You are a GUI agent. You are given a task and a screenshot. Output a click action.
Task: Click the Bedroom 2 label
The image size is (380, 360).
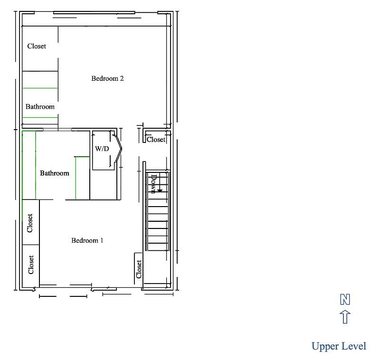[x=107, y=78]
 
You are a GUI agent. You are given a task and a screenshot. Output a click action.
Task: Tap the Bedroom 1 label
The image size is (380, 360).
[x=87, y=240]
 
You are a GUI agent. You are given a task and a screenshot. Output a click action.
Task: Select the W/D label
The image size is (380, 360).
[x=102, y=149]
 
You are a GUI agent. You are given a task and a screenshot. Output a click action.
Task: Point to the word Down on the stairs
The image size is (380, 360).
[x=153, y=184]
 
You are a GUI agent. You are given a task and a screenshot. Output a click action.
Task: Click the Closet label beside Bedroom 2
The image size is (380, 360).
[x=37, y=46]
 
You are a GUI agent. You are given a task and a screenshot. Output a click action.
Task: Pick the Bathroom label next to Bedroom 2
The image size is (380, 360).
[x=40, y=106]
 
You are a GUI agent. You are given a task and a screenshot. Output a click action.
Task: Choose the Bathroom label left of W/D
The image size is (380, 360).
[x=55, y=173]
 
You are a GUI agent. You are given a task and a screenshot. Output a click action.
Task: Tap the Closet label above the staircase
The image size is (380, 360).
[x=156, y=140]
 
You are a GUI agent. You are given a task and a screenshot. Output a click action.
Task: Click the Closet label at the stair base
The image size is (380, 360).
[x=139, y=269]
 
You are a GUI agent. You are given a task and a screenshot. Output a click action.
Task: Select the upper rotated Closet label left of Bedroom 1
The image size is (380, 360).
[x=30, y=223]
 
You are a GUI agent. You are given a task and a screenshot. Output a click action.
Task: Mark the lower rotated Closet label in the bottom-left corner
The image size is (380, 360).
[x=31, y=265]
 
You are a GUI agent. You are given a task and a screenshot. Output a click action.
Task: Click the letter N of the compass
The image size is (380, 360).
[x=345, y=299]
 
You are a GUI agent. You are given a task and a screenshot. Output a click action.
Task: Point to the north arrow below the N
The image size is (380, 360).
[x=345, y=317]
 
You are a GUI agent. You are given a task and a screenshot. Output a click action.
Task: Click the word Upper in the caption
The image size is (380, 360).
[x=325, y=347]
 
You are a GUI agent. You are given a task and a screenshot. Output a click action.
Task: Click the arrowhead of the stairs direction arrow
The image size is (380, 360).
[x=160, y=190]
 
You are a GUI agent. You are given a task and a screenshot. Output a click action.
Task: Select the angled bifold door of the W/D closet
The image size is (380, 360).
[x=118, y=149]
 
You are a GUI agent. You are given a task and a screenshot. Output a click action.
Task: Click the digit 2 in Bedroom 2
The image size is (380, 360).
[x=122, y=78]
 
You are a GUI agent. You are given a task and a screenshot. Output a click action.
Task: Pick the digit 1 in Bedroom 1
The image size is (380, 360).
[x=102, y=240]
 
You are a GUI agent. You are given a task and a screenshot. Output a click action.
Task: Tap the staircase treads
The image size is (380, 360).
[x=158, y=211]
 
